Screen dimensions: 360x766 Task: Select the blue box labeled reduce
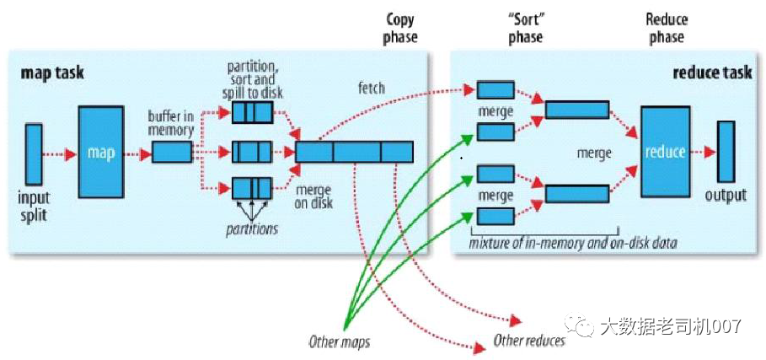[x=664, y=153]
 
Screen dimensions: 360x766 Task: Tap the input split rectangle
[x=34, y=153]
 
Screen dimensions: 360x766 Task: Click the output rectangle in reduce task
[x=726, y=152]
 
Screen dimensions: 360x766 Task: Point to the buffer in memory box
[x=172, y=153]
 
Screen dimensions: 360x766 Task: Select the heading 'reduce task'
[x=712, y=73]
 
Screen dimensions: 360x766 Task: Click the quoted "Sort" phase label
[x=526, y=28]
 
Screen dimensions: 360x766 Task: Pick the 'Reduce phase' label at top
[x=667, y=28]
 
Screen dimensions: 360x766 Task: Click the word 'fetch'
[x=371, y=88]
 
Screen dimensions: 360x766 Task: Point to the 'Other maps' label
[x=339, y=342]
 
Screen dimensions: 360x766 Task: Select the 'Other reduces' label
[x=529, y=341]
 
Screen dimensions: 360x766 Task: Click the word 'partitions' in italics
[x=252, y=229]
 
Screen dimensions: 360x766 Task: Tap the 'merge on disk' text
[x=313, y=196]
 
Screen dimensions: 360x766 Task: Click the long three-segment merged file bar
[x=355, y=152]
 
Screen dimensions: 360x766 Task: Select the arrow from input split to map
[x=59, y=153]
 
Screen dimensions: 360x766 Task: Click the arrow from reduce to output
[x=703, y=153]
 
